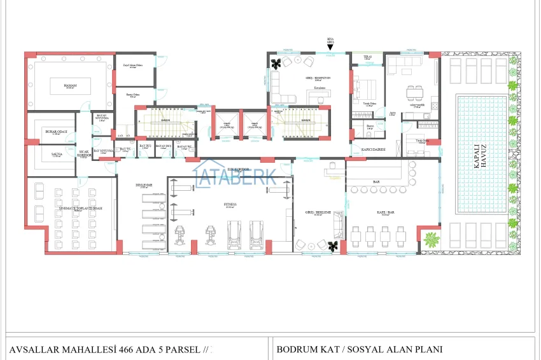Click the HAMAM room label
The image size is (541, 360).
70,85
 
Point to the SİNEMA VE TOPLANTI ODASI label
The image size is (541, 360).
80,209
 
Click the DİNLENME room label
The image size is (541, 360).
142,186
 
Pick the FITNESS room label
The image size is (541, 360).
230,205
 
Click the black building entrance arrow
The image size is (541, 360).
330,47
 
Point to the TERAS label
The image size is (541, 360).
367,57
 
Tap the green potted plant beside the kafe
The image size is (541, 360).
432,240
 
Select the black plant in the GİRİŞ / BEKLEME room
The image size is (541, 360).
331,245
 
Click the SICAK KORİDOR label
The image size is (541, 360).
85,153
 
